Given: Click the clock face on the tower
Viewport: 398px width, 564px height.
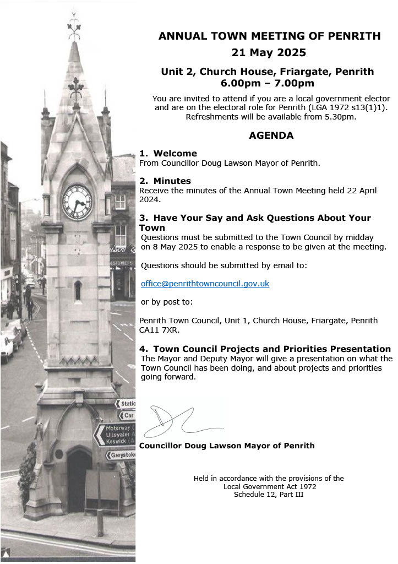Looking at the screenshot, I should pyautogui.click(x=77, y=202).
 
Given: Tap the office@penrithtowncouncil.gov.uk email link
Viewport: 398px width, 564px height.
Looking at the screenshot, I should pyautogui.click(x=205, y=284).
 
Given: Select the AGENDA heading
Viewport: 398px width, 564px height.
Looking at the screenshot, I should pyautogui.click(x=271, y=135).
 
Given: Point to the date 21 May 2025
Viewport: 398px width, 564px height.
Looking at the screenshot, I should pyautogui.click(x=269, y=53).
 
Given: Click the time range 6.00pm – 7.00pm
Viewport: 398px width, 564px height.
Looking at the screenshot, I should pyautogui.click(x=268, y=83).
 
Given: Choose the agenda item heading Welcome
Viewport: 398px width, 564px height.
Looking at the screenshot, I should pyautogui.click(x=175, y=154).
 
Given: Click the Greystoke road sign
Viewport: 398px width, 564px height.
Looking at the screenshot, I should pyautogui.click(x=122, y=455).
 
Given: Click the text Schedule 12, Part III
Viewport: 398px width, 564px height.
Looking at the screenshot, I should pyautogui.click(x=269, y=495).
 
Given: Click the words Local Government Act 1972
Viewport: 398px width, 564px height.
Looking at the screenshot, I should pyautogui.click(x=270, y=486).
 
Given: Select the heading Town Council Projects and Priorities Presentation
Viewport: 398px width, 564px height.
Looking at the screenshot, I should pyautogui.click(x=272, y=349).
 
